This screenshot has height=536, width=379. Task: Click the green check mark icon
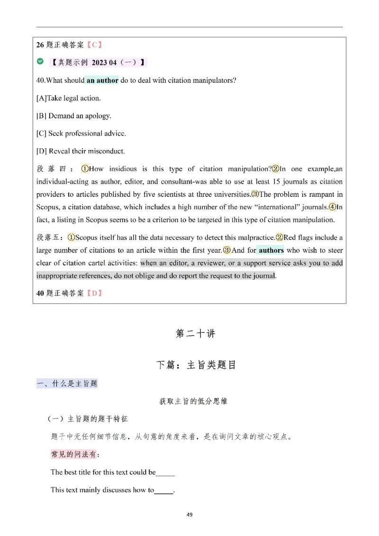coord(40,62)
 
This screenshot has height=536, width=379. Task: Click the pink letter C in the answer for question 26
coord(94,45)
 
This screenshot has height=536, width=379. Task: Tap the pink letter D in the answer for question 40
coord(94,293)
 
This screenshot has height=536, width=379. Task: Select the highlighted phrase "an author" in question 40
coord(102,80)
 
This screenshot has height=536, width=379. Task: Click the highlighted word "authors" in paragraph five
coord(271,250)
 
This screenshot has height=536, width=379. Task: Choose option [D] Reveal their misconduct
coord(81,151)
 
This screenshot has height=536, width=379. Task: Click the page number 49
coord(189,515)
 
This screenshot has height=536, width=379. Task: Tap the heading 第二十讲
coord(195,333)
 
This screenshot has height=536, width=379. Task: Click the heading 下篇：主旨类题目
coord(195,365)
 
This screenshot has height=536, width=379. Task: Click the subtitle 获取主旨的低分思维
coord(193,401)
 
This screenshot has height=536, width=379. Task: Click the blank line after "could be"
coord(165,472)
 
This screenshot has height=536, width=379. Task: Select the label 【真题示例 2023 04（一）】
coord(99,62)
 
